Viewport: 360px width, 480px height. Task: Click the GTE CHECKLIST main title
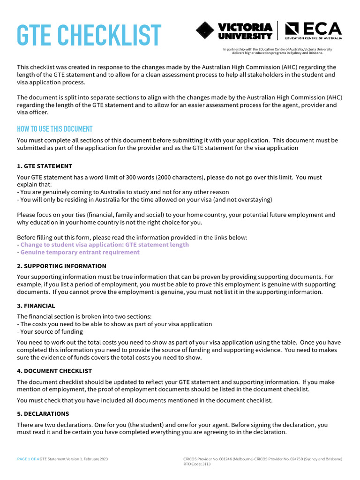pyautogui.click(x=89, y=36)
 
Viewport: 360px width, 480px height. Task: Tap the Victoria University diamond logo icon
pyautogui.click(x=206, y=30)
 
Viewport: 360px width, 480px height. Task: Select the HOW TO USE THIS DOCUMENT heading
pyautogui.click(x=55, y=129)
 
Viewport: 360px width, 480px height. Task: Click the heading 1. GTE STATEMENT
pyautogui.click(x=45, y=166)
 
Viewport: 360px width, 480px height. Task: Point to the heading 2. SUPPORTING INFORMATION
pyautogui.click(x=61, y=266)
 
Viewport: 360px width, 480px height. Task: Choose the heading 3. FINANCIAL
pyautogui.click(x=36, y=306)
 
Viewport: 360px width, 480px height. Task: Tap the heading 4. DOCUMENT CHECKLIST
pyautogui.click(x=54, y=371)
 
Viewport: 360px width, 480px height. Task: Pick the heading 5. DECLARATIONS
pyautogui.click(x=43, y=414)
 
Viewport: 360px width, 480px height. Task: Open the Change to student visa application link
pyautogui.click(x=105, y=245)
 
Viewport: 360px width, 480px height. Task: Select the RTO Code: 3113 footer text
pyautogui.click(x=197, y=464)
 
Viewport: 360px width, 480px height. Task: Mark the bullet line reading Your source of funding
pyautogui.click(x=52, y=332)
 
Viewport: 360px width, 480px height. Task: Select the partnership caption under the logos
pyautogui.click(x=277, y=51)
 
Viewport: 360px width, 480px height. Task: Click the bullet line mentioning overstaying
pyautogui.click(x=144, y=200)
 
